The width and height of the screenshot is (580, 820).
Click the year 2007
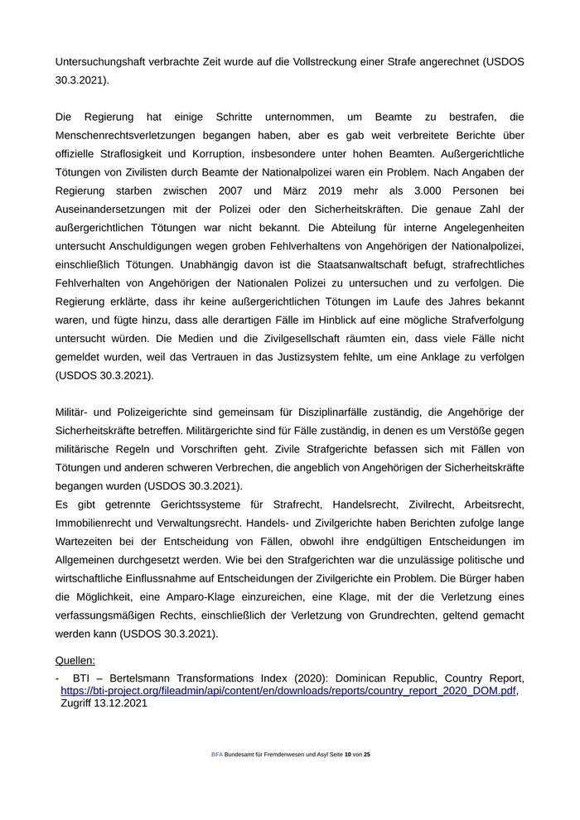[235, 191]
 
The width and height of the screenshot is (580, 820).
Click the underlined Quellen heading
[75, 660]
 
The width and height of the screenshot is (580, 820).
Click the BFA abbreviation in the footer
[217, 755]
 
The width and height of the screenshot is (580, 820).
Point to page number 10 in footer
[348, 755]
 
